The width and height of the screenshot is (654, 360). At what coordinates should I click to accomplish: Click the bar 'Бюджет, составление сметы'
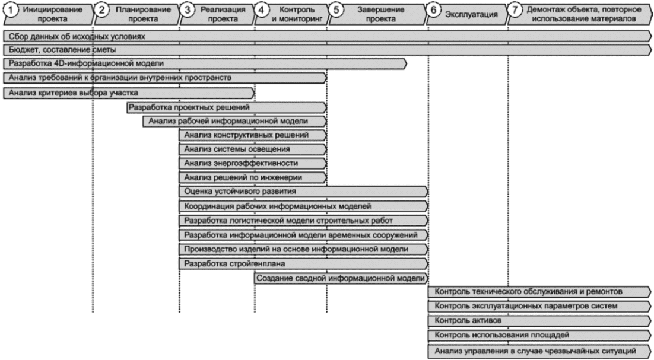328,50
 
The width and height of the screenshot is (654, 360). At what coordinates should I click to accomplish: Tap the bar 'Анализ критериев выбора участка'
129,93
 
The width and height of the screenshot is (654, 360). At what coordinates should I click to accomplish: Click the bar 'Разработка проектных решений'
227,107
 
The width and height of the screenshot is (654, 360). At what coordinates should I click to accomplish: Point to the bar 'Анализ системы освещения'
253,149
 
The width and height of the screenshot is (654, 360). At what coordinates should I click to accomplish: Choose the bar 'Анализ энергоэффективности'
253,163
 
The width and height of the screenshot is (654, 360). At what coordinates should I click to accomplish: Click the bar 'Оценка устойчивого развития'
304,192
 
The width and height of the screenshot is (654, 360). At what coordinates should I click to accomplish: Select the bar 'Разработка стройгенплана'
304,264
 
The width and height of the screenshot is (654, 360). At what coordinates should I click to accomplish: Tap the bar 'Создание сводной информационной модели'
341,278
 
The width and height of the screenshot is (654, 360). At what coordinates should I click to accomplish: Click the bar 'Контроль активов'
539,321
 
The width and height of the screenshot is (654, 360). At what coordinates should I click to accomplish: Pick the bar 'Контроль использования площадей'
539,335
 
